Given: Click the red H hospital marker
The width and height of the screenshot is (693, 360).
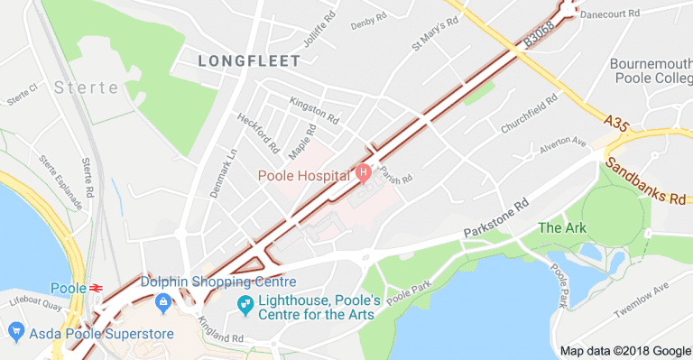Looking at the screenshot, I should click(364, 171).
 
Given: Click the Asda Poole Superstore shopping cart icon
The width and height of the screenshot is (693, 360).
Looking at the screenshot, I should click(15, 334).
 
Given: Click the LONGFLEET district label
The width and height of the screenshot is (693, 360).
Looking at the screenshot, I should click(248, 60).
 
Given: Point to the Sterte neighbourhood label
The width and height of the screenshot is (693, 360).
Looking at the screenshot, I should click(86, 88).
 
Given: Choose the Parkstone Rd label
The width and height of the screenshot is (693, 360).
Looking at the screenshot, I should click(494, 219).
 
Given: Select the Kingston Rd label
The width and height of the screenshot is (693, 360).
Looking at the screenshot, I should click(313, 111).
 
